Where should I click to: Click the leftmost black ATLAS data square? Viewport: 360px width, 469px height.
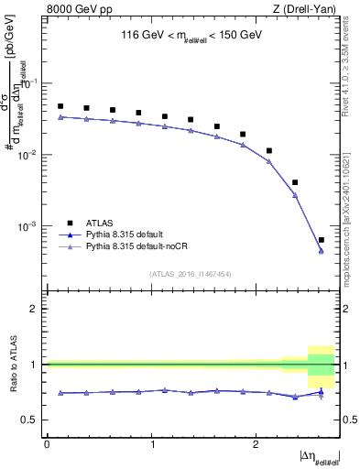[x=60, y=106]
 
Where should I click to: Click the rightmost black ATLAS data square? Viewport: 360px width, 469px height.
[x=321, y=240]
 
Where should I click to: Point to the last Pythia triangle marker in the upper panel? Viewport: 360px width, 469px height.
[x=321, y=251]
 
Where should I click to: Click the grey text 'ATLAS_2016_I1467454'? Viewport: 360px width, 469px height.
[x=191, y=274]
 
